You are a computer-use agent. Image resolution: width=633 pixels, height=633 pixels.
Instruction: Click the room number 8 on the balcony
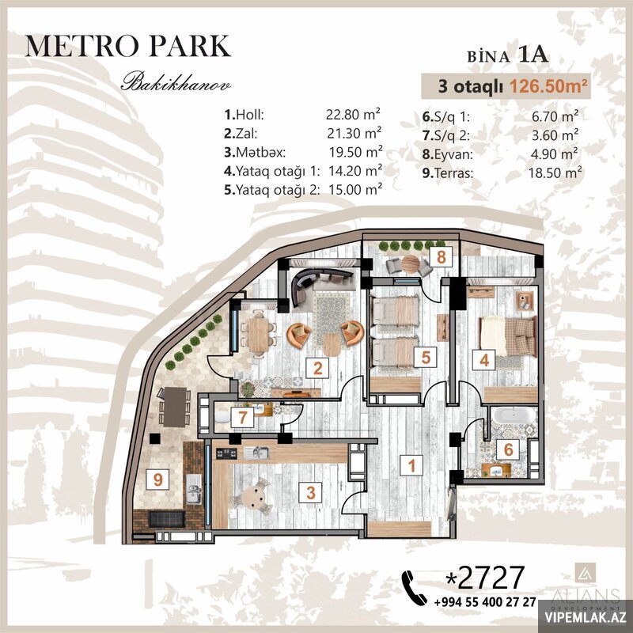point(442,256)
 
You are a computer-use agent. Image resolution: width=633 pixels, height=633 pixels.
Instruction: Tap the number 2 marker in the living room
point(318,368)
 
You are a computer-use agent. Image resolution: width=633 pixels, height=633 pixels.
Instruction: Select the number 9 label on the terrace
point(157,479)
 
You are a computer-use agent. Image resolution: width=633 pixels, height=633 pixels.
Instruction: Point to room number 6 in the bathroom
point(508,449)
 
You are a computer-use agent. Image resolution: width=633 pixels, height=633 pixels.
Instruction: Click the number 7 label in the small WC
point(242,417)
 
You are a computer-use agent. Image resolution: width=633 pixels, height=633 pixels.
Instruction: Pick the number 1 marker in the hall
point(411,465)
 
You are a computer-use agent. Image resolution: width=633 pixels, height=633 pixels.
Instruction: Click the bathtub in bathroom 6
point(514,415)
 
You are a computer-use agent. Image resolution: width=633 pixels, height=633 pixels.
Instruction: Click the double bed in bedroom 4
point(508,335)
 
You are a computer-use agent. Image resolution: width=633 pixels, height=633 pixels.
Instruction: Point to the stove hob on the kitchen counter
point(226,453)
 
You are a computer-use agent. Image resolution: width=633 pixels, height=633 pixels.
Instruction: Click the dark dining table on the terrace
point(175,407)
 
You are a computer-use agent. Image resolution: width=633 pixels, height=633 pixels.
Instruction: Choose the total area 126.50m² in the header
point(548,86)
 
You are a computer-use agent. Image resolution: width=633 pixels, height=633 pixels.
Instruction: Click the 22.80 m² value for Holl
point(353,114)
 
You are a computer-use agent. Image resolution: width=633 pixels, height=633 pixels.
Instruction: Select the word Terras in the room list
point(453,173)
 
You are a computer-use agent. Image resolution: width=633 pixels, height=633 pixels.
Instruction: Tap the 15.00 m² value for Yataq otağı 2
point(355,189)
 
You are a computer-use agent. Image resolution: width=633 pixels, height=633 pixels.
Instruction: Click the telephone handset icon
point(414,588)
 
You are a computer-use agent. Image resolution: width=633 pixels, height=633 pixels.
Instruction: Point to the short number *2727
point(484,578)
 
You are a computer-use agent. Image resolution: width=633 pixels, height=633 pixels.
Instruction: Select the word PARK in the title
point(190,46)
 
